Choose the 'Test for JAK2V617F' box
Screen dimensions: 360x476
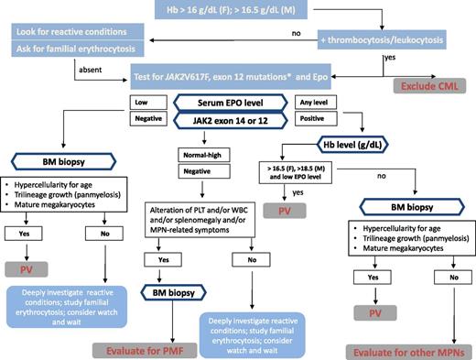pos(243,72)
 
